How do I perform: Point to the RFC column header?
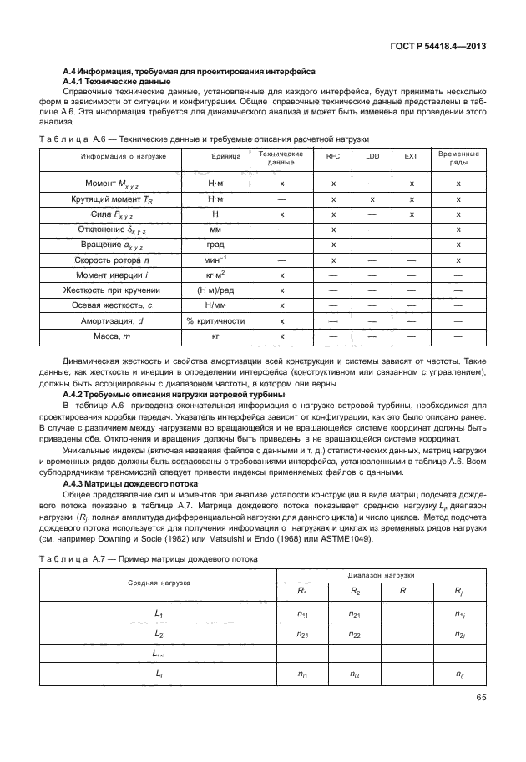pos(332,156)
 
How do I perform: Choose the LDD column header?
pos(372,156)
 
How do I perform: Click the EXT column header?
pos(411,156)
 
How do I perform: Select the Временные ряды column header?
pos(458,156)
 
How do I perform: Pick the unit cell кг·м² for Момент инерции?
pos(215,275)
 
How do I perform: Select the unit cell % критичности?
pos(215,320)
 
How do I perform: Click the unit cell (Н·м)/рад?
pos(215,290)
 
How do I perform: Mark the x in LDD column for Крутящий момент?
pos(372,200)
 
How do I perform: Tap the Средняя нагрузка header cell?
pos(158,582)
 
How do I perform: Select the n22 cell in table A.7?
pos(354,634)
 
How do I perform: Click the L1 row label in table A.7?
pos(159,613)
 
